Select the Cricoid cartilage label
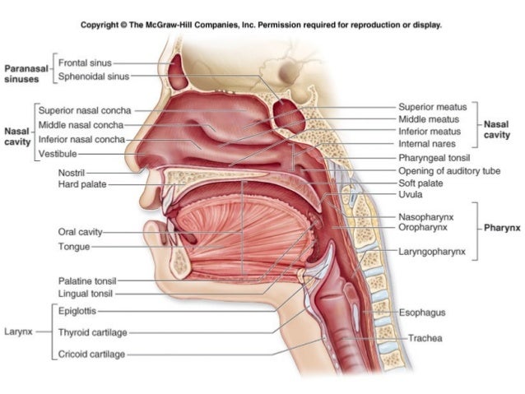coord(91,355)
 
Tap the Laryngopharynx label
coord(431,251)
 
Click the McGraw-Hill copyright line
coord(261,25)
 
